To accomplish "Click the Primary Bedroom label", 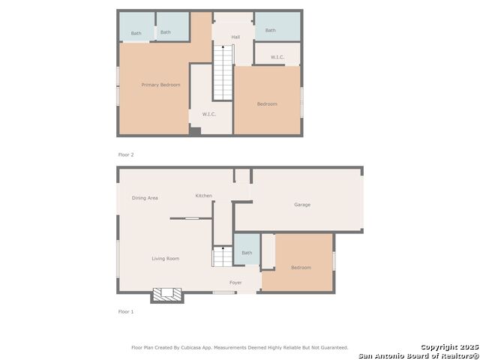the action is click(x=160, y=85).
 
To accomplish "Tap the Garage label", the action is click(x=302, y=205).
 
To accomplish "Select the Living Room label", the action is click(x=166, y=259).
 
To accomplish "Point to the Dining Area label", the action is click(x=145, y=198).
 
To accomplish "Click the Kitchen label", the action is click(x=203, y=196).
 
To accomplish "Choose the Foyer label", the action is click(x=235, y=283).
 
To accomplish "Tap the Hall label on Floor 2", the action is click(x=235, y=37).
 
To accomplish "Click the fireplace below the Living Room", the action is click(x=167, y=295).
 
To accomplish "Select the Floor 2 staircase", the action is click(x=223, y=73).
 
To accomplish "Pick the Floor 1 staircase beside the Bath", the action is click(x=223, y=256).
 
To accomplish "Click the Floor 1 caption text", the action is click(x=126, y=312).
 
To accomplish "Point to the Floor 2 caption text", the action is click(x=126, y=154).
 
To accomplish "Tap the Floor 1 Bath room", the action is click(x=247, y=250).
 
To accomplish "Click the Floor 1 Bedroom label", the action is click(x=301, y=268).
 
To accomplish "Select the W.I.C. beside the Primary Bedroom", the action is click(x=209, y=114).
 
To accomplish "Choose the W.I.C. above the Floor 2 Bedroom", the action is click(x=277, y=57).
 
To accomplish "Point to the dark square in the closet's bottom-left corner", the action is click(x=195, y=131).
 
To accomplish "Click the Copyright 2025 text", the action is click(x=449, y=346).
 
